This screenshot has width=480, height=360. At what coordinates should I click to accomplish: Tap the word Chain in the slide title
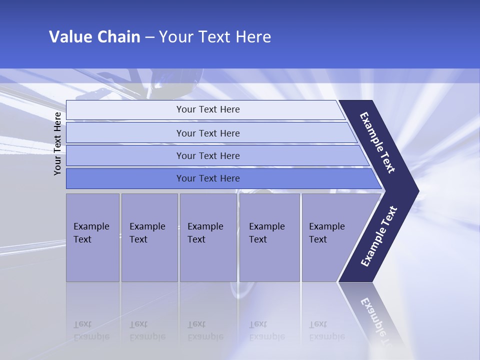119,37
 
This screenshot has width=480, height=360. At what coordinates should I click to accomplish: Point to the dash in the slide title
149,37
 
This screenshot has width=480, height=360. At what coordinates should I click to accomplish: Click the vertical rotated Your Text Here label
57,143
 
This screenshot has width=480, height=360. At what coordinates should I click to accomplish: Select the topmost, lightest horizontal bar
207,109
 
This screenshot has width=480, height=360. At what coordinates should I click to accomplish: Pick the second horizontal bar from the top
207,133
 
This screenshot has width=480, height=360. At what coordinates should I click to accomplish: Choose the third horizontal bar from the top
207,155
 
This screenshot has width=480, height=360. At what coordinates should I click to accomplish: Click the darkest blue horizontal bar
207,178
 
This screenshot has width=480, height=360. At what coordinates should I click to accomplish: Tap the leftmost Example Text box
92,237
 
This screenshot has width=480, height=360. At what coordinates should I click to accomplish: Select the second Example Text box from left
149,237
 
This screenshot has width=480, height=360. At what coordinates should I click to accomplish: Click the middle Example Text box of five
207,237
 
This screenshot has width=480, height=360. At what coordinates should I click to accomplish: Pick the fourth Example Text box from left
269,237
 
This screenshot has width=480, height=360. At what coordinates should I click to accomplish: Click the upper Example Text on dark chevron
377,142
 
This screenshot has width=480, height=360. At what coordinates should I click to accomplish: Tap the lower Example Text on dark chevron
378,236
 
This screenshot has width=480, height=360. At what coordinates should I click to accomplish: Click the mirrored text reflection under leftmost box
91,330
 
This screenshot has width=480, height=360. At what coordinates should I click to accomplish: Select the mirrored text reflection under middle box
205,330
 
